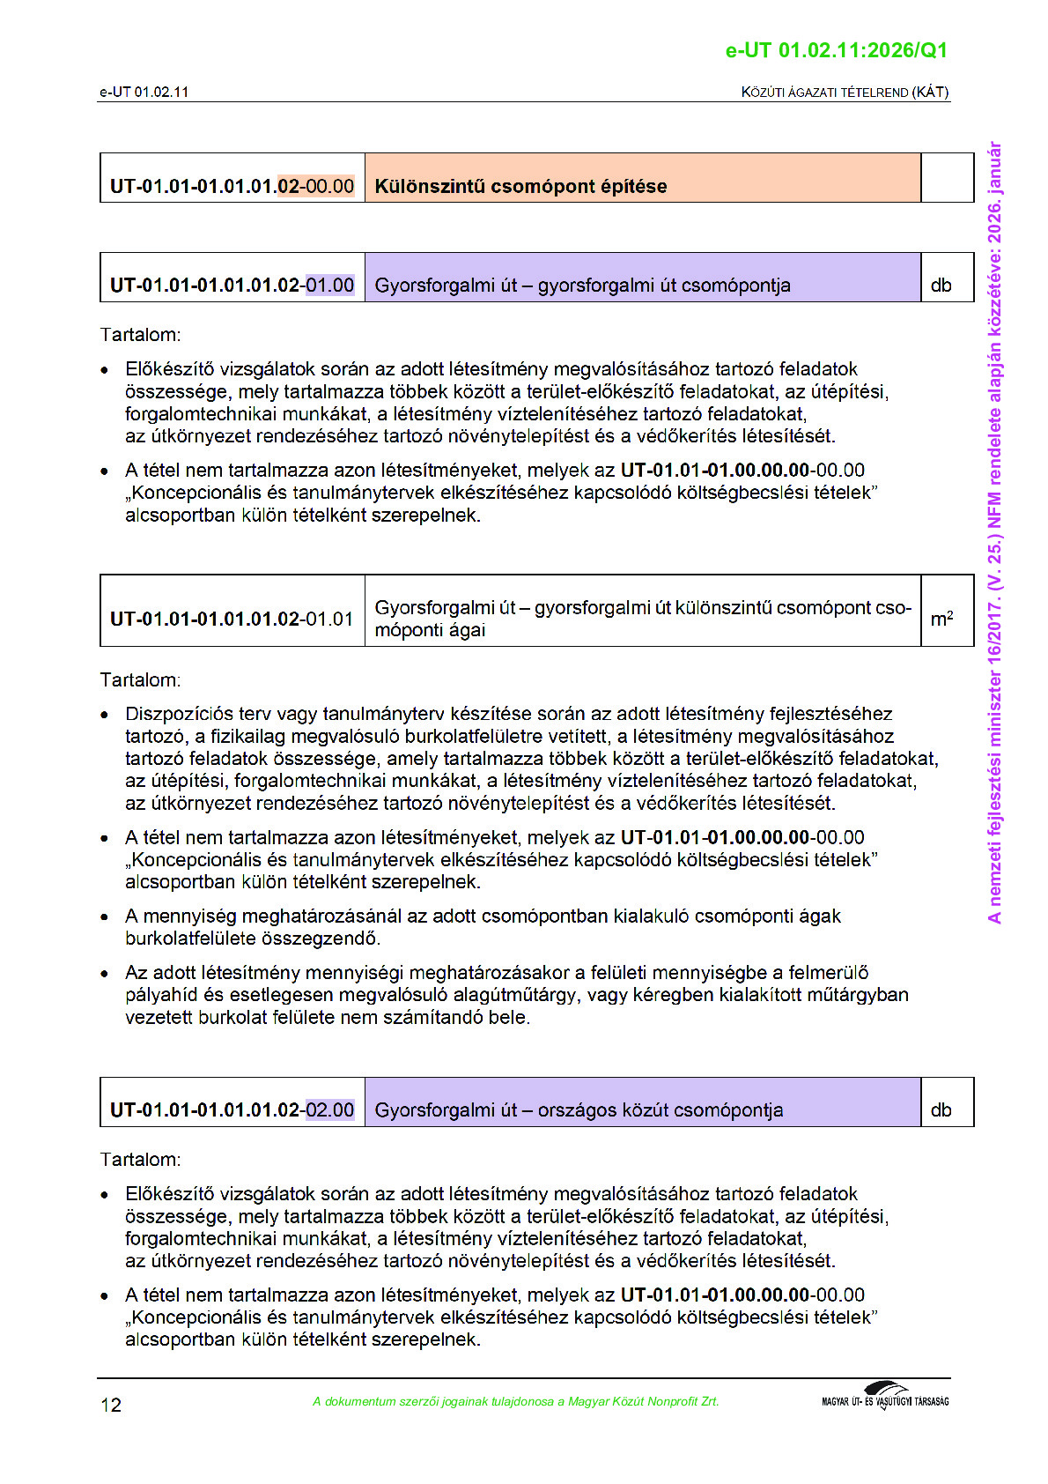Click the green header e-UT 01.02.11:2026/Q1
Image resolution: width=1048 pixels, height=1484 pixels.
coord(836,50)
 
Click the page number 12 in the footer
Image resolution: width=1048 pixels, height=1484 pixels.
coord(111,1405)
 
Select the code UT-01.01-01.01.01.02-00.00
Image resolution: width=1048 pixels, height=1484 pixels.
coord(232,186)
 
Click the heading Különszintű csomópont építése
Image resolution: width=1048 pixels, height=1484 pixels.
coord(520,186)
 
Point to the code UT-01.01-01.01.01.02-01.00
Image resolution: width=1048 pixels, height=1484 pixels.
coord(232,286)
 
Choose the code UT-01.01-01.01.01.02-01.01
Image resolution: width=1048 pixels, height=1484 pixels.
coord(232,619)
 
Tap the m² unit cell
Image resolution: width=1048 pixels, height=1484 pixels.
coord(941,619)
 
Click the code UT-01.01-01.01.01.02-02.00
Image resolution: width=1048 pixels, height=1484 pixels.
coord(232,1109)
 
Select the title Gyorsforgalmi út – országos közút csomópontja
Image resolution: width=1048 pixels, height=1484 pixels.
coord(579,1109)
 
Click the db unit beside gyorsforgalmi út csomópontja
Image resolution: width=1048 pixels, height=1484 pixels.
coord(941,286)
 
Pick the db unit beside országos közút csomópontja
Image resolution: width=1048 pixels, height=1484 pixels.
coord(941,1109)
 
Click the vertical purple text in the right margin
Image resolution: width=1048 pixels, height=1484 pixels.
coord(994,532)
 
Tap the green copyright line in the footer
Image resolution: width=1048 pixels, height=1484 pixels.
coord(515,1401)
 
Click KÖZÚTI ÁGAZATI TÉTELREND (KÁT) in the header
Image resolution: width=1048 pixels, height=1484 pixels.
coord(845,92)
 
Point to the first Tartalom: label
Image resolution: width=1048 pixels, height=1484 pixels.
coord(140,335)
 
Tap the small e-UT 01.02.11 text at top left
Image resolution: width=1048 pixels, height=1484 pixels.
coord(144,92)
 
